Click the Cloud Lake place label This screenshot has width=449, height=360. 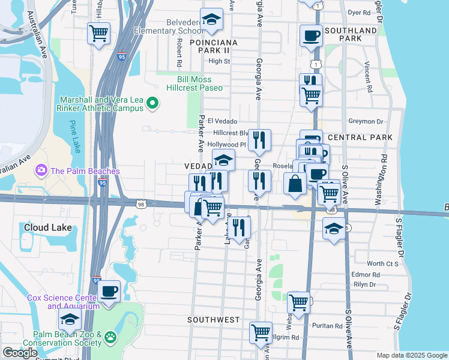tap(47, 227)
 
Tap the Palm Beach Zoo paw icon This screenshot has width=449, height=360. tap(110, 338)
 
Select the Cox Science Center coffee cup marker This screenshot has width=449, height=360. tap(109, 292)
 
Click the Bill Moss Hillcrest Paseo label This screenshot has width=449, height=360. tap(199, 83)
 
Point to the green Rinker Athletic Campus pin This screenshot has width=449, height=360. tap(152, 103)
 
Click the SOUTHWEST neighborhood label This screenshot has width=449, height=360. tap(213, 320)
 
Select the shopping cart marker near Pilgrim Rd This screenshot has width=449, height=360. tap(261, 332)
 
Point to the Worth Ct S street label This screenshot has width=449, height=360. tap(383, 263)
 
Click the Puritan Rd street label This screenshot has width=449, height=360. tap(327, 326)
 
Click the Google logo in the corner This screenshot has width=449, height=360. tap(19, 353)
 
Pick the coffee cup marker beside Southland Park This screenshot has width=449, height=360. tap(311, 36)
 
